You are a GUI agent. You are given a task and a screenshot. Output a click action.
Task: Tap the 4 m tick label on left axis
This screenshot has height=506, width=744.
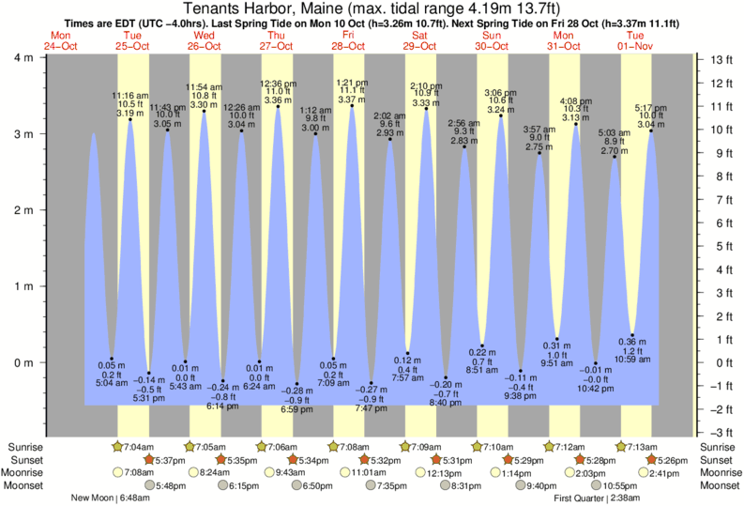pyautogui.click(x=21, y=58)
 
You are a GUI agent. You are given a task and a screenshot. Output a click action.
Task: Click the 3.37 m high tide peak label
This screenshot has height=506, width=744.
pyautogui.click(x=351, y=100)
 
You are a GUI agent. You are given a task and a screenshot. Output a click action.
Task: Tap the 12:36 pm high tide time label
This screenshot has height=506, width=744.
pyautogui.click(x=278, y=84)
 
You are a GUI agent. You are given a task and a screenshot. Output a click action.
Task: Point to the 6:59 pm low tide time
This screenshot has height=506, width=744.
pyautogui.click(x=297, y=410)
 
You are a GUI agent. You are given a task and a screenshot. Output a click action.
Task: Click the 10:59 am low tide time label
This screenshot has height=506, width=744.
pyautogui.click(x=633, y=360)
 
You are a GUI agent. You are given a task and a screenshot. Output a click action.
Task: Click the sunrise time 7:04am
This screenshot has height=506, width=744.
pyautogui.click(x=139, y=447)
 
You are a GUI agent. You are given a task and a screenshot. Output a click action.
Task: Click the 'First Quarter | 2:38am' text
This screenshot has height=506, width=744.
pyautogui.click(x=597, y=498)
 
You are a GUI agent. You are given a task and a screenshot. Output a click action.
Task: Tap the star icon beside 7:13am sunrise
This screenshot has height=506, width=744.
pyautogui.click(x=621, y=447)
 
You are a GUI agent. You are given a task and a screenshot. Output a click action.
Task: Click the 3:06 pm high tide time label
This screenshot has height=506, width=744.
pyautogui.click(x=500, y=92)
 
